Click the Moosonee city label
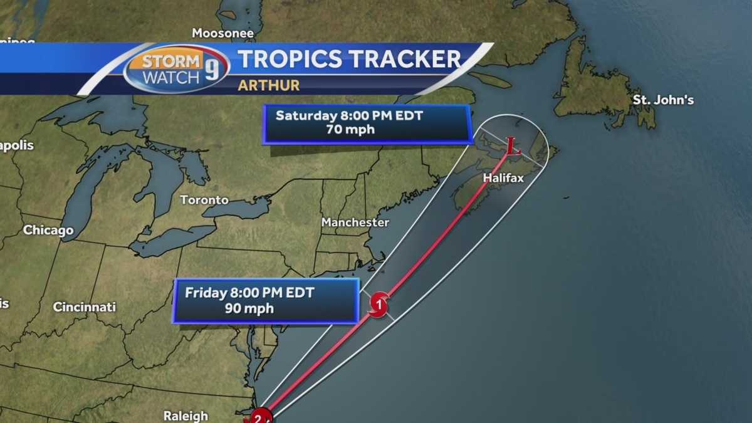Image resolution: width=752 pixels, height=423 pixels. click(222, 33)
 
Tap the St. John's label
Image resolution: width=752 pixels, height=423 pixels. click(663, 100)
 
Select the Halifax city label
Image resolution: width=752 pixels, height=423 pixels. click(503, 179)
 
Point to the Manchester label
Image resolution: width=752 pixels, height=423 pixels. click(355, 222)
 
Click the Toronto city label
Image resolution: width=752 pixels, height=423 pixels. click(204, 200)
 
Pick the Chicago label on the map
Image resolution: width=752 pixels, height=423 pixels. click(48, 230)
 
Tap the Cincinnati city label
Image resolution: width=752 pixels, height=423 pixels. click(84, 307)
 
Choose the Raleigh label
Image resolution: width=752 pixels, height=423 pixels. click(185, 415)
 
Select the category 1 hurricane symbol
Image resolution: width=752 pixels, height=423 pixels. click(378, 305)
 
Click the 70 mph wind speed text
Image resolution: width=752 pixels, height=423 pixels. click(350, 130)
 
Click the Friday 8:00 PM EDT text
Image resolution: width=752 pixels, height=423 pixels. click(249, 293)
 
